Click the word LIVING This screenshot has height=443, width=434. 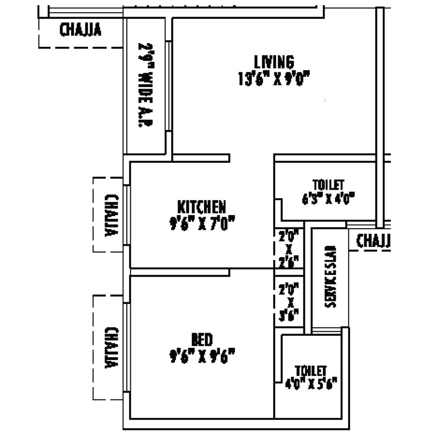[x=274, y=62]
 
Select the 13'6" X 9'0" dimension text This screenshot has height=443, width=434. [x=274, y=79]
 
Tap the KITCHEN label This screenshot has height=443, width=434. [x=201, y=206]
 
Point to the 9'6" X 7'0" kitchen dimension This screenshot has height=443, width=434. [x=201, y=224]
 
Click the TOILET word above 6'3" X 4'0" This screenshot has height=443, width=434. [x=328, y=184]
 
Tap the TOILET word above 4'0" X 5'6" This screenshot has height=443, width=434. [x=310, y=371]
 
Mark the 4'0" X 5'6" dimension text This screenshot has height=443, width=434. [x=310, y=384]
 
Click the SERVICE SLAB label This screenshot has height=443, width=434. [x=331, y=277]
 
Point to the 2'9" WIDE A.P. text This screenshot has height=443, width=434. [x=144, y=85]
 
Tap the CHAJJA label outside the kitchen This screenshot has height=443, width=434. [x=112, y=215]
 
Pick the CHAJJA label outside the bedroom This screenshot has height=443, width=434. [x=112, y=348]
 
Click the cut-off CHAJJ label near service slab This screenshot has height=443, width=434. [x=373, y=241]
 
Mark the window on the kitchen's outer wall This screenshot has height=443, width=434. [x=127, y=215]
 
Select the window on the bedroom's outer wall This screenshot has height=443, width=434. [x=127, y=348]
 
